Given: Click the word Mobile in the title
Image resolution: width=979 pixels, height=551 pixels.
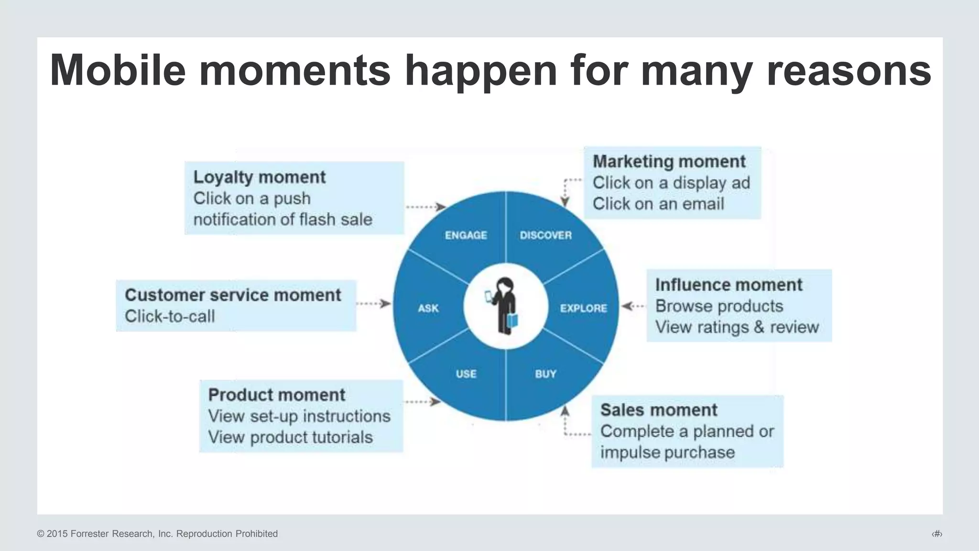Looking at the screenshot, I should click(x=118, y=71).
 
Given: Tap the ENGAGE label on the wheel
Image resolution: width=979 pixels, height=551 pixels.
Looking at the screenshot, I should click(x=466, y=235).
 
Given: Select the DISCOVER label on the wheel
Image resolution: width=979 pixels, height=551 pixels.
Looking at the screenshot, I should click(x=545, y=235).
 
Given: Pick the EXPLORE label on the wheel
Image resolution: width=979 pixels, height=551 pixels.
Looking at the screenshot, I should click(x=583, y=309).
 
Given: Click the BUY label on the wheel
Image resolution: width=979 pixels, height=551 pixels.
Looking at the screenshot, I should click(x=545, y=374).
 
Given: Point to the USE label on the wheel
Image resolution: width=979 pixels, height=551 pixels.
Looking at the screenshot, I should click(x=466, y=374).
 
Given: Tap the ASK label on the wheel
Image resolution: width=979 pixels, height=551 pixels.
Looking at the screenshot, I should click(x=428, y=309).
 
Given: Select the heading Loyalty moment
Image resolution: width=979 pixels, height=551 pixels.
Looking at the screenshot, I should click(x=259, y=177).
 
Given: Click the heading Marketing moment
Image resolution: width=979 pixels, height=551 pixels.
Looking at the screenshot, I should click(x=669, y=162).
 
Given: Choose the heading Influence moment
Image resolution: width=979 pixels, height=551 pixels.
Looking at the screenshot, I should click(x=729, y=285).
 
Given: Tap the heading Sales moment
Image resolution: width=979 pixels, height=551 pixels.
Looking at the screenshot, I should click(x=659, y=410).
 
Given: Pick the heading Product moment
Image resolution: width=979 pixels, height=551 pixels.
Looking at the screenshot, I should click(x=276, y=395).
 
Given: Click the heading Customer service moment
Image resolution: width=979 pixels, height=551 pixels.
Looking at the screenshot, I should click(x=233, y=295).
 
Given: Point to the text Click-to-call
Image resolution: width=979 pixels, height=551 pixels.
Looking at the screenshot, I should click(x=170, y=317).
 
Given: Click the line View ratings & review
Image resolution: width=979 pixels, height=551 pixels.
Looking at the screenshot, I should click(x=737, y=328).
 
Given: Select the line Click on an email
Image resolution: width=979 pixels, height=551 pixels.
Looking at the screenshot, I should click(x=658, y=204).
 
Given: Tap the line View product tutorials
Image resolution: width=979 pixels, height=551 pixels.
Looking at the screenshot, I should click(x=290, y=438).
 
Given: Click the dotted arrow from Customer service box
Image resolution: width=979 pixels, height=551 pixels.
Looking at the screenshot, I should click(x=373, y=304).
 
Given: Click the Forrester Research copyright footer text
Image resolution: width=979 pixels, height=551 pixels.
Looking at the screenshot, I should click(x=157, y=534).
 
